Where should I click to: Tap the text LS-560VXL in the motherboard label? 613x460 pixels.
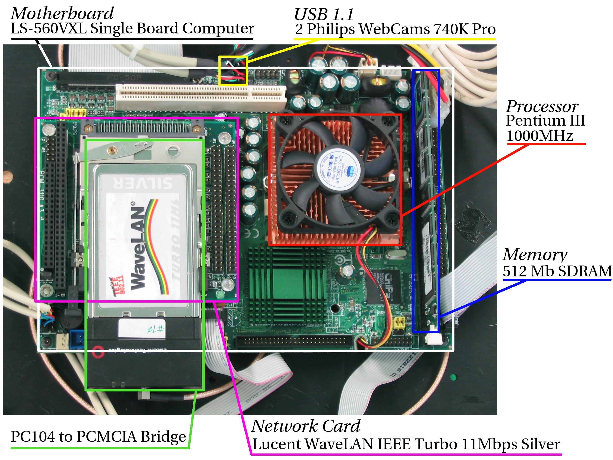point(49,28)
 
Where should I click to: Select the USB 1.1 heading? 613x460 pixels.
point(324,14)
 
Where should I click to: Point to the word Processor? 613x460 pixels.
point(542,106)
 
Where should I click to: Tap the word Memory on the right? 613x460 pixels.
point(535,255)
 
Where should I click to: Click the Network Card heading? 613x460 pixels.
point(305,426)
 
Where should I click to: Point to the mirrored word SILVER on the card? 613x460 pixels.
point(143,183)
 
